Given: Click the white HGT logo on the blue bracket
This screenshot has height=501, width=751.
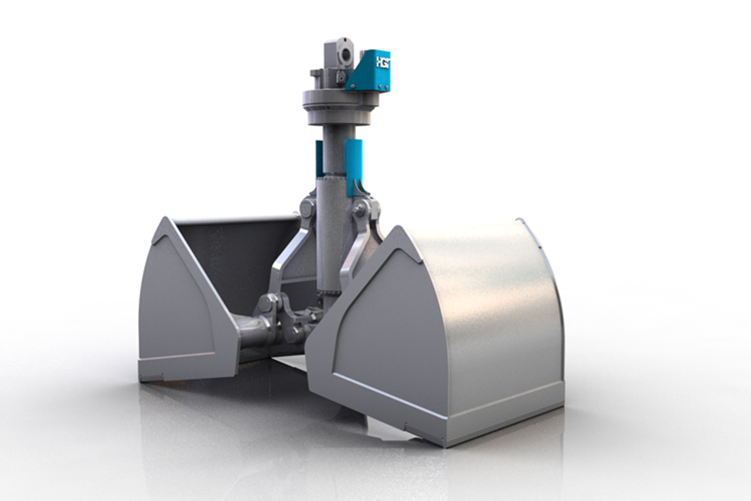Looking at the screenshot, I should point(382,61).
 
